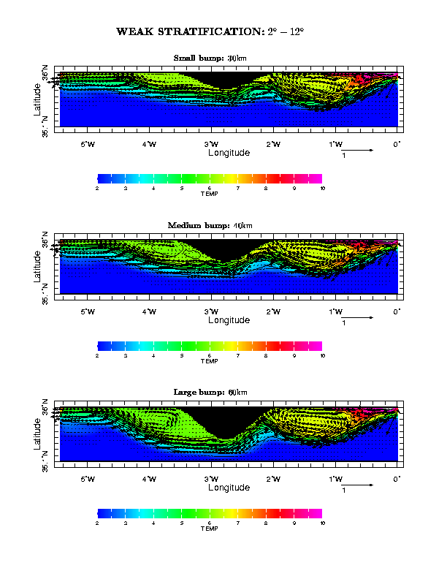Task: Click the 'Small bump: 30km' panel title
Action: click(x=210, y=58)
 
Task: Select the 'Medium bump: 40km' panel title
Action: click(x=210, y=225)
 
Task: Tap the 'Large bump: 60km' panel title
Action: click(x=210, y=393)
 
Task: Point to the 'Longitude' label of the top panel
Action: click(x=229, y=154)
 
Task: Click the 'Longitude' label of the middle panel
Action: click(x=229, y=320)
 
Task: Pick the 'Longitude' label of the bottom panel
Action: click(x=229, y=488)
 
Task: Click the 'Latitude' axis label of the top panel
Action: click(x=37, y=99)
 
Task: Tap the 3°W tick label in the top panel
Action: click(x=211, y=144)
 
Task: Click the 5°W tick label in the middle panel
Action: click(x=87, y=311)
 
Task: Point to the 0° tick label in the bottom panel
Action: click(x=397, y=479)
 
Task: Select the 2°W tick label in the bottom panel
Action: click(x=273, y=479)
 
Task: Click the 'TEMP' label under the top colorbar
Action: click(x=210, y=194)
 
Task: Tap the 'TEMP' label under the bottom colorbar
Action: click(x=210, y=529)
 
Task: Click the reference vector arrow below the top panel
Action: click(x=357, y=150)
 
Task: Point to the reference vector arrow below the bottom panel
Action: click(x=357, y=485)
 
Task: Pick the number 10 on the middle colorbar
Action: click(x=322, y=356)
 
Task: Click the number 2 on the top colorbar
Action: click(x=97, y=189)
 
